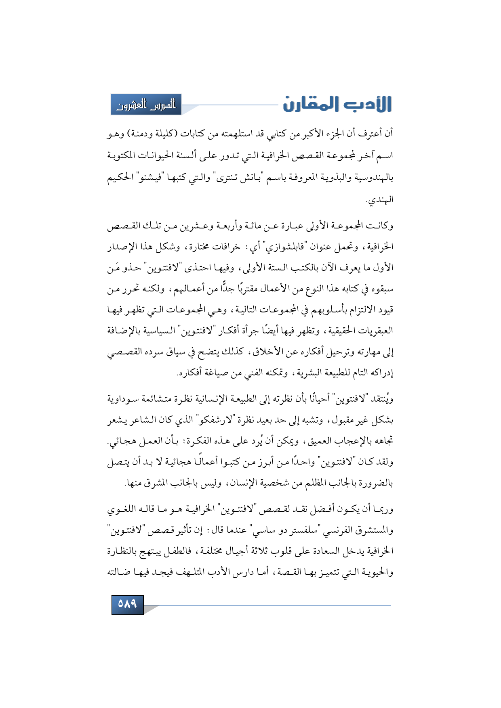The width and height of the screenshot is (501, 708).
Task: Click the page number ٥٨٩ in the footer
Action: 127,604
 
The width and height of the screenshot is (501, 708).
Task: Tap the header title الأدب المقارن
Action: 337,104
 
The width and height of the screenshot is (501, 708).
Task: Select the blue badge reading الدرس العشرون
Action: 146,105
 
